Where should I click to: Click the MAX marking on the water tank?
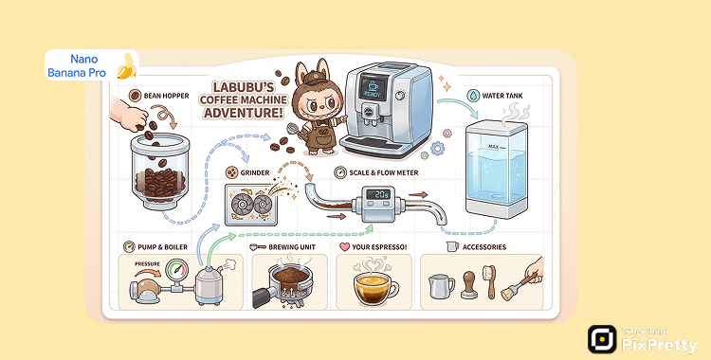[493, 148]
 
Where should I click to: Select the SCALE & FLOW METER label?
[382, 172]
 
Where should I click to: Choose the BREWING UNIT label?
[294, 247]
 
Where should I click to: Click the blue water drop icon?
[472, 96]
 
